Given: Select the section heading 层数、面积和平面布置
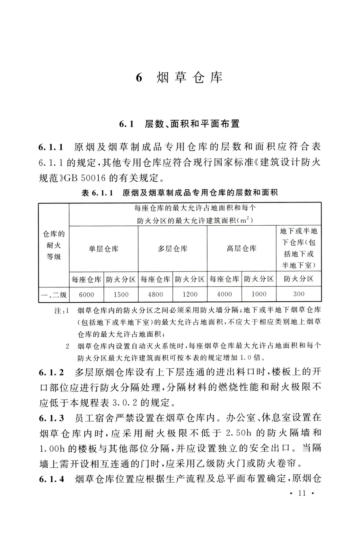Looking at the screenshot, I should click(192, 124).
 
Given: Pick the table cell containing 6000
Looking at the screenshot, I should click(86, 294).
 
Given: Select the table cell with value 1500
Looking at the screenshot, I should click(121, 294).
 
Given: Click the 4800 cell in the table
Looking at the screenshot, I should click(155, 294).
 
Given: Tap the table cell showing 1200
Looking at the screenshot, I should click(190, 294).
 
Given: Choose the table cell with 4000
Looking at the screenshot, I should click(224, 294).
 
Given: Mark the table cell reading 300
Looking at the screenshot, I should click(299, 294).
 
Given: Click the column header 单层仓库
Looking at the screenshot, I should click(104, 249).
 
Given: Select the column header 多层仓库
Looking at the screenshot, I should click(173, 249).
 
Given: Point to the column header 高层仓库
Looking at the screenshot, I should click(242, 249).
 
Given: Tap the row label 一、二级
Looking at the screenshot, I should click(54, 295).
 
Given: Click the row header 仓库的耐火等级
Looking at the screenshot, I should click(54, 245).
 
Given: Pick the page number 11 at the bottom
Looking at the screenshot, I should click(302, 493).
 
